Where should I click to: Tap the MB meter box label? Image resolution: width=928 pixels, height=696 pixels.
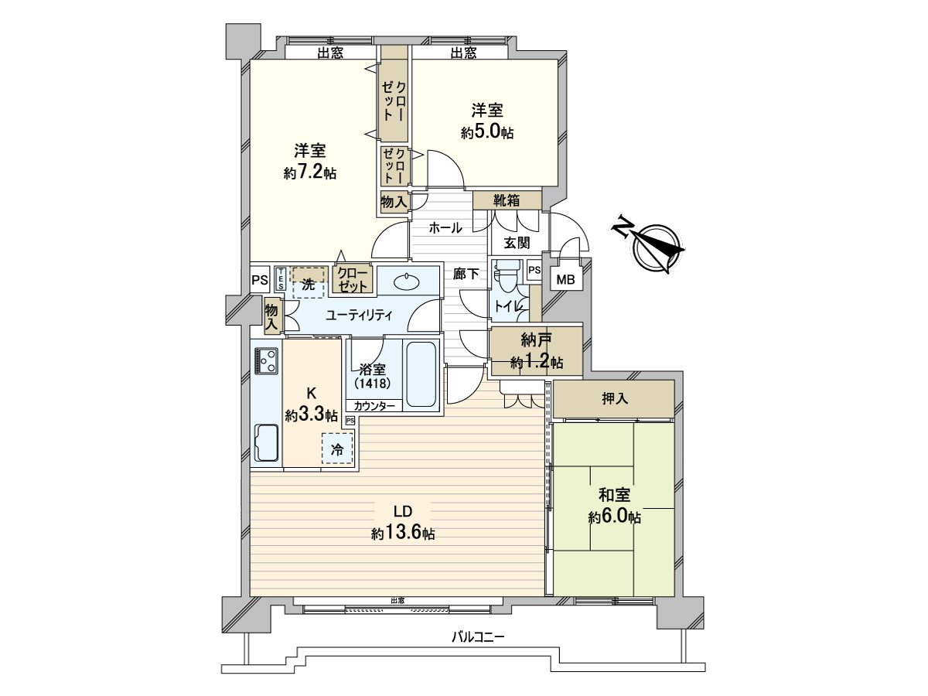tap(565, 279)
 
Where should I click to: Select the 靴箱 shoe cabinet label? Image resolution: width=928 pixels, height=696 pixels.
tap(507, 200)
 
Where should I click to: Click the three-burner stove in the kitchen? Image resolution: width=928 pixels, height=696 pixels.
tap(267, 360)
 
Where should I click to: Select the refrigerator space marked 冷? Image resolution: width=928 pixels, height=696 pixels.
tap(337, 449)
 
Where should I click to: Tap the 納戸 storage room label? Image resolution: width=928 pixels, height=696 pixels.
tap(537, 340)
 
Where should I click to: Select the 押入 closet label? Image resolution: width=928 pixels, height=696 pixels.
tap(614, 399)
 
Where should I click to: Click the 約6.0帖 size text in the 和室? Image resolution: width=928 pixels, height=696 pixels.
tap(614, 517)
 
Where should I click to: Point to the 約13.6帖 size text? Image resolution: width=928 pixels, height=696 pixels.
tap(403, 534)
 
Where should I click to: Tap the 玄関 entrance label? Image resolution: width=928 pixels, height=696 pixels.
tap(517, 243)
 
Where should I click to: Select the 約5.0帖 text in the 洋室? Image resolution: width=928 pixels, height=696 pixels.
tap(487, 133)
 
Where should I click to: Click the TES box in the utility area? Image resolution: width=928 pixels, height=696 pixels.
tap(281, 278)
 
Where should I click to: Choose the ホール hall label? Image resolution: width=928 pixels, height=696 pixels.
tap(445, 228)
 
